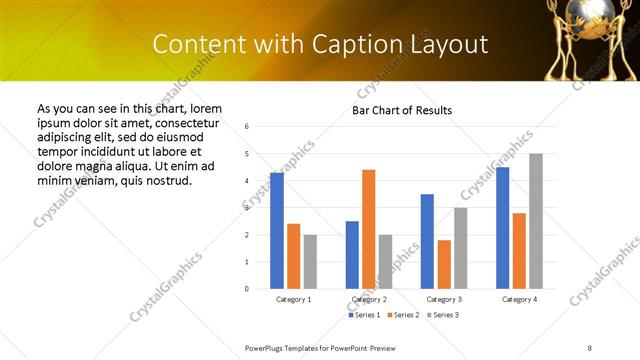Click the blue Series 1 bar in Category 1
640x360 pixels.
pos(277,230)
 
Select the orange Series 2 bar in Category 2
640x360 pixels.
pos(369,229)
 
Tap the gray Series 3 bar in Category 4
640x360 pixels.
pos(536,221)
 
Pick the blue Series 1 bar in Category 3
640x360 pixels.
pos(427,241)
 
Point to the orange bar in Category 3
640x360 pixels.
pos(444,264)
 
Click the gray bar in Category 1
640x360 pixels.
pos(310,261)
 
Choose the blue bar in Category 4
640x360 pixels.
pos(502,227)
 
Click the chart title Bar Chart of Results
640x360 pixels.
pos(402,110)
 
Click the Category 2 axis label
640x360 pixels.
pos(369,299)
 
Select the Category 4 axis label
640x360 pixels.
pos(519,299)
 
